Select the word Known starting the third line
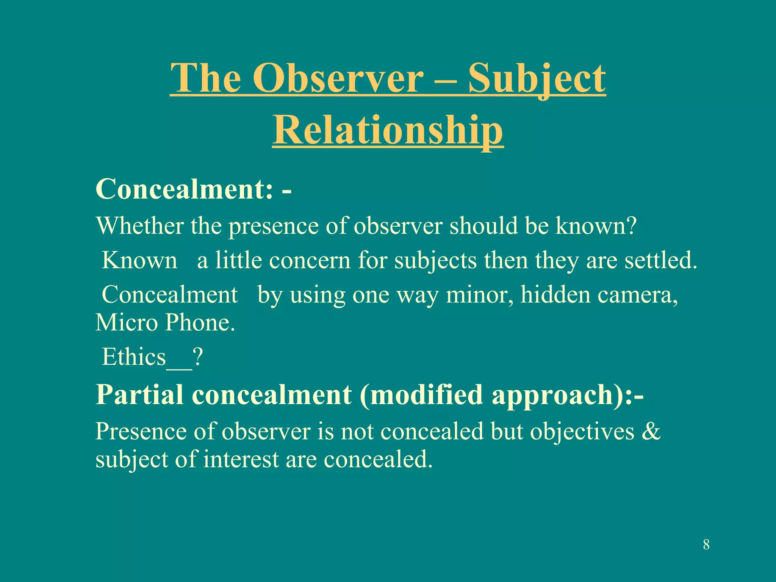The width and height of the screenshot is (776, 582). pos(139,261)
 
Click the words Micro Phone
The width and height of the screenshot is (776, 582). pos(165,323)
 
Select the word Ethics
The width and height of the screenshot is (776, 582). pos(134,357)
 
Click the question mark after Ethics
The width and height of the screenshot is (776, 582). pos(198,357)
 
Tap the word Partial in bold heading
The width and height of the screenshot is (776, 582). pos(139,395)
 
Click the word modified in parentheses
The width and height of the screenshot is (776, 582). pos(426,395)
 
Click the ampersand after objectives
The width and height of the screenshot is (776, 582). pos(651,431)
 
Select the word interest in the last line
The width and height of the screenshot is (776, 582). pos(241,460)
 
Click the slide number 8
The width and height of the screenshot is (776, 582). pos(706,545)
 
